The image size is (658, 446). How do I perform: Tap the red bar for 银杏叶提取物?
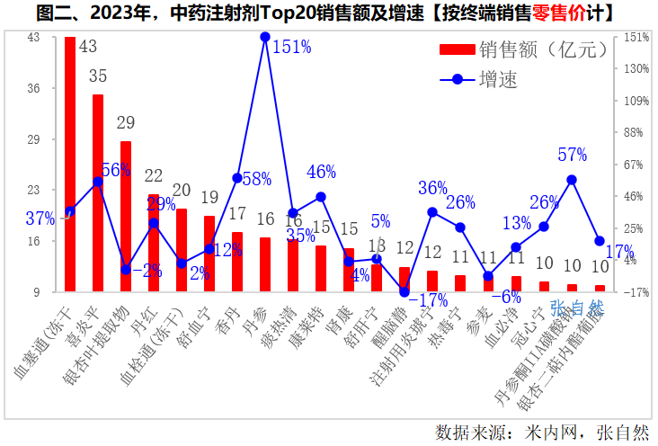[x=126, y=216]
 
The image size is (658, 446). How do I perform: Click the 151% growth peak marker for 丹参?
[x=265, y=37]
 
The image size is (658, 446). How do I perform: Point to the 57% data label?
[x=572, y=155]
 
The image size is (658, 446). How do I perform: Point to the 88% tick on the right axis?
[x=635, y=133]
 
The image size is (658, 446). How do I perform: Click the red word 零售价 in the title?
[x=556, y=13]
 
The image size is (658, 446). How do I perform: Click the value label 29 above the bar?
[x=126, y=122]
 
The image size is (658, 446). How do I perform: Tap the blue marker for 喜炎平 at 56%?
[x=98, y=182]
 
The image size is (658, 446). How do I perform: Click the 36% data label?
[x=432, y=188]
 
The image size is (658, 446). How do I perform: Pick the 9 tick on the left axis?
[x=37, y=292]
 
